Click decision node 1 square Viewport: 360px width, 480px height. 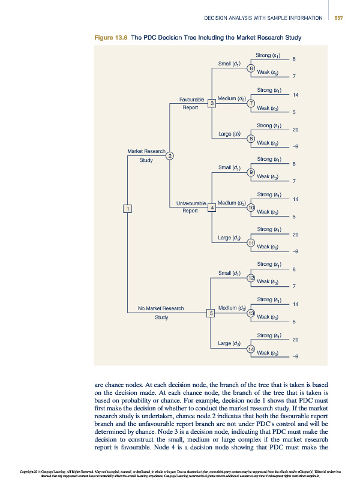(x=127, y=208)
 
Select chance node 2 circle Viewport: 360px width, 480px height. (x=170, y=156)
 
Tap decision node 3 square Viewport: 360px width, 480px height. (x=211, y=104)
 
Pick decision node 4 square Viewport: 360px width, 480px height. (x=211, y=208)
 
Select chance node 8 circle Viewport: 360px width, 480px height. (x=251, y=139)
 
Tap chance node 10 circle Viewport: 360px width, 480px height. (x=251, y=208)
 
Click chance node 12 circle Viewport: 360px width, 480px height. (x=251, y=278)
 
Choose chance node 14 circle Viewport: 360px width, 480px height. (x=251, y=349)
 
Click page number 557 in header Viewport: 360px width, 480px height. (x=338, y=17)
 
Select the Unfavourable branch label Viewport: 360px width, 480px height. (x=191, y=203)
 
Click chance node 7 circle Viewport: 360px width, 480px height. (x=251, y=103)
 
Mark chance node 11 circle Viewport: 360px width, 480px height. (x=251, y=242)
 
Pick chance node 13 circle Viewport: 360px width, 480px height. (x=251, y=313)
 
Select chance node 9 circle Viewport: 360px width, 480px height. (x=251, y=173)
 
